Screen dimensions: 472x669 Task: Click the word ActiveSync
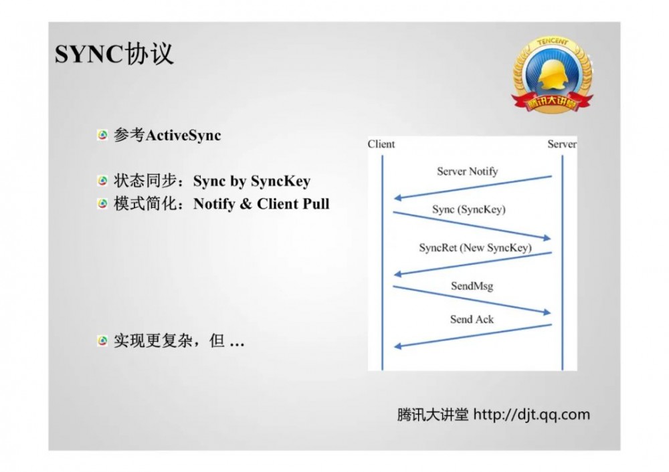pyautogui.click(x=183, y=135)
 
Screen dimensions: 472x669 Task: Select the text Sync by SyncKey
pyautogui.click(x=252, y=181)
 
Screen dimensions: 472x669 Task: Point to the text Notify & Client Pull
pyautogui.click(x=261, y=204)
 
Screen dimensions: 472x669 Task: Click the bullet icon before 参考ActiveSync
pyautogui.click(x=102, y=135)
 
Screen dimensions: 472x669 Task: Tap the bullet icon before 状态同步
pyautogui.click(x=102, y=181)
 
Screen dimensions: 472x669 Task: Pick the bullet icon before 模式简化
pyautogui.click(x=102, y=204)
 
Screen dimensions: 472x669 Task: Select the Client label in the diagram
pyautogui.click(x=381, y=144)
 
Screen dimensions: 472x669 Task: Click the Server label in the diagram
pyautogui.click(x=561, y=144)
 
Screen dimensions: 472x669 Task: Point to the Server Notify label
pyautogui.click(x=468, y=171)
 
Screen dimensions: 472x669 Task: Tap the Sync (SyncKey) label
pyautogui.click(x=468, y=209)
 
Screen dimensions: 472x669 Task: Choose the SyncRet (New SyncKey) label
pyautogui.click(x=475, y=247)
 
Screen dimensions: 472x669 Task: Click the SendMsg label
pyautogui.click(x=472, y=285)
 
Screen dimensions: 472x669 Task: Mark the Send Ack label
pyautogui.click(x=472, y=319)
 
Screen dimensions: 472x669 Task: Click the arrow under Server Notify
pyautogui.click(x=472, y=188)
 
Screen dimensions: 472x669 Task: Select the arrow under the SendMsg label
pyautogui.click(x=472, y=300)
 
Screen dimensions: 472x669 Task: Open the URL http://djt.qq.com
pyautogui.click(x=532, y=415)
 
